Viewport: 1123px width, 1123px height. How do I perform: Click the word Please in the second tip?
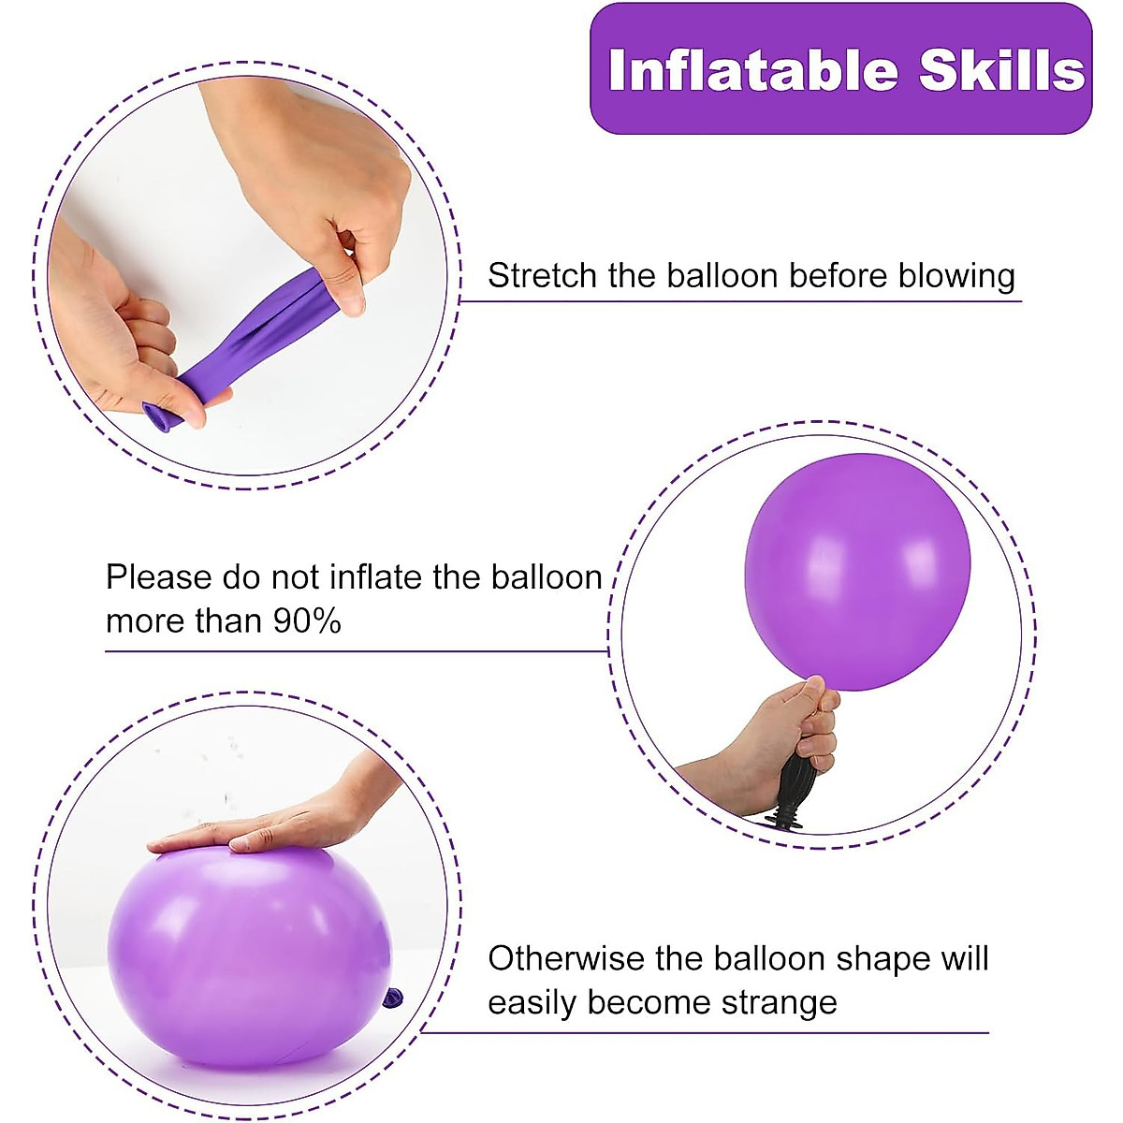click(158, 577)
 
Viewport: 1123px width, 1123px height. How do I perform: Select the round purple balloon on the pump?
click(856, 571)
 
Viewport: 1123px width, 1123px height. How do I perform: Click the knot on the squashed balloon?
click(392, 999)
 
